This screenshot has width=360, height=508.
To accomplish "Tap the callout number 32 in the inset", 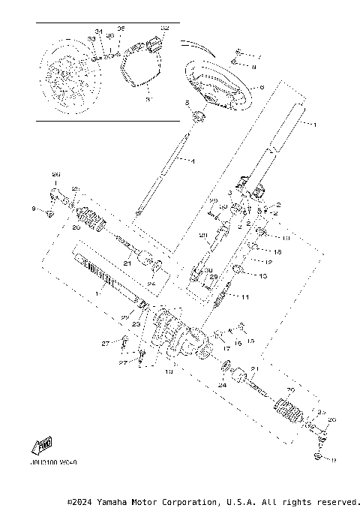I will pos(166,29).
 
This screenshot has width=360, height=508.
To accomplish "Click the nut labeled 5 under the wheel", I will pos(198,116).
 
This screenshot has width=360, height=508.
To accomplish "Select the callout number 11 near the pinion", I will pos(244,298).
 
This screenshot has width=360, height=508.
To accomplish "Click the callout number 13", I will pos(262,276).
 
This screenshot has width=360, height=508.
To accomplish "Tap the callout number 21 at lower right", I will pos(256,368).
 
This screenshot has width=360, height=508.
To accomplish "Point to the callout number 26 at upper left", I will pos(54,175).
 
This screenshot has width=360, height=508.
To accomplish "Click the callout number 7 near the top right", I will pos(259,56).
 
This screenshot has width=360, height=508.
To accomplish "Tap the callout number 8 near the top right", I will pos(254,68).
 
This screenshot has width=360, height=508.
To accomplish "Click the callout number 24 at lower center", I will pos(221,385).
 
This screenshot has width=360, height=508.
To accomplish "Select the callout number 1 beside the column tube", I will pos(316,123).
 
